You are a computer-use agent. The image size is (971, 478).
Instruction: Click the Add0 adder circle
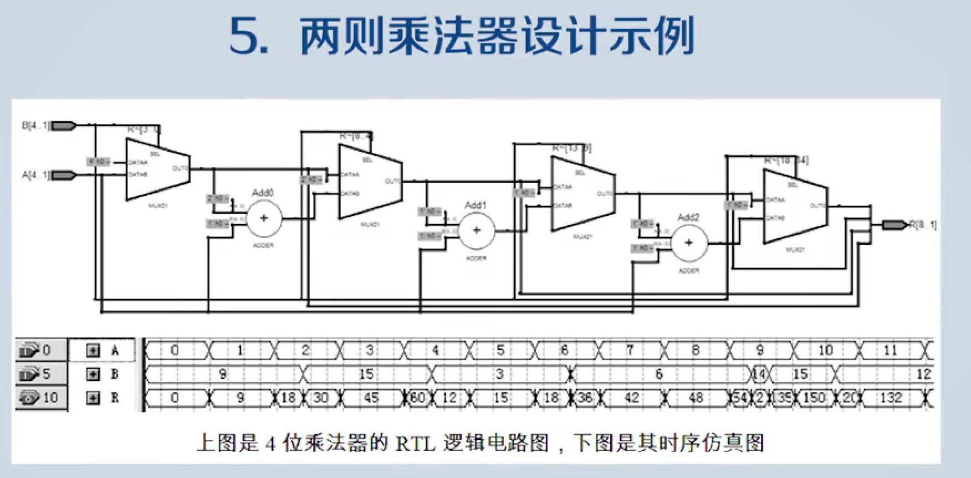[x=264, y=218]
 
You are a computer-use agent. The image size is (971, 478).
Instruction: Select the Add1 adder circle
[x=476, y=231]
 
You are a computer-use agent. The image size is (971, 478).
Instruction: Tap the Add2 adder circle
[x=688, y=243]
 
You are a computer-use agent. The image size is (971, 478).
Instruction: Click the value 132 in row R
[x=890, y=398]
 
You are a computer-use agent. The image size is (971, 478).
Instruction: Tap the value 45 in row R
[x=370, y=398]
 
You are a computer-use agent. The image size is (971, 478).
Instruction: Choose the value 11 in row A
[x=890, y=350]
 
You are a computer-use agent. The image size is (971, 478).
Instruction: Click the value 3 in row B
[x=499, y=374]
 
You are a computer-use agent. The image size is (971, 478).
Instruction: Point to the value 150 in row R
[x=814, y=398]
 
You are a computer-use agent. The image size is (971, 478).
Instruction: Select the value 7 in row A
[x=630, y=350]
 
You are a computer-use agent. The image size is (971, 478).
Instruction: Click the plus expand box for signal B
[x=93, y=374]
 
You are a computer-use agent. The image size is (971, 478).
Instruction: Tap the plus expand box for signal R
[x=93, y=398]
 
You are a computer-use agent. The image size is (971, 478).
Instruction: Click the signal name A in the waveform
[x=115, y=350]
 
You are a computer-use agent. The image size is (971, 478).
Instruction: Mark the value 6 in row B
[x=658, y=374]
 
